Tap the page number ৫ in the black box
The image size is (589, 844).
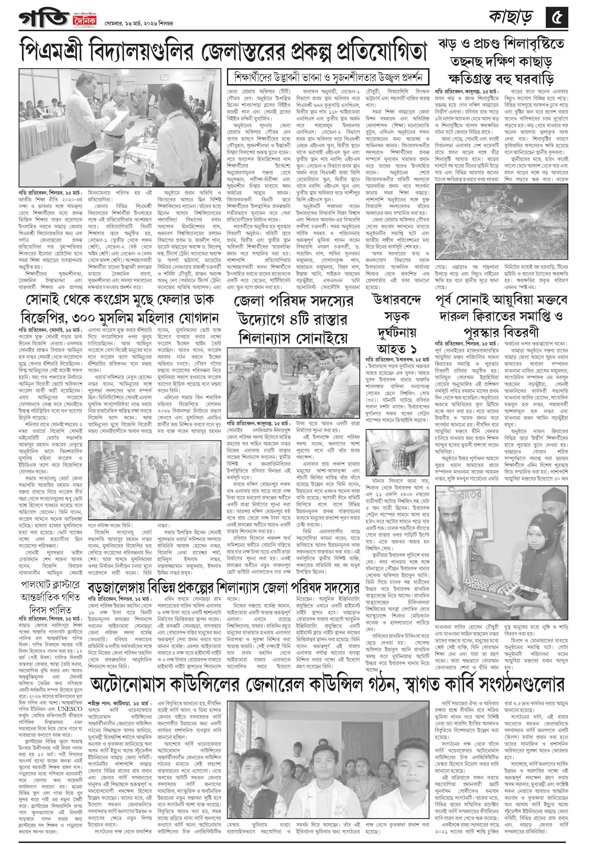(556, 18)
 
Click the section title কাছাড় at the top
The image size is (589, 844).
(513, 18)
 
